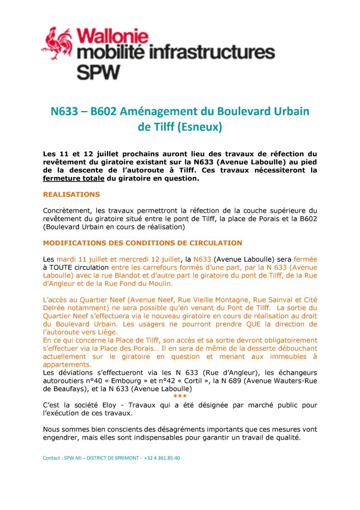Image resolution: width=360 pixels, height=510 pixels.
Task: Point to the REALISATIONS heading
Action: pos(71,194)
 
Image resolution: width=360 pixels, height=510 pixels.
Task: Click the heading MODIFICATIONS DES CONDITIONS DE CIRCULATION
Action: pos(142,243)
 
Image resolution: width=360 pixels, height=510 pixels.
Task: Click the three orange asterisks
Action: pos(179,396)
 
